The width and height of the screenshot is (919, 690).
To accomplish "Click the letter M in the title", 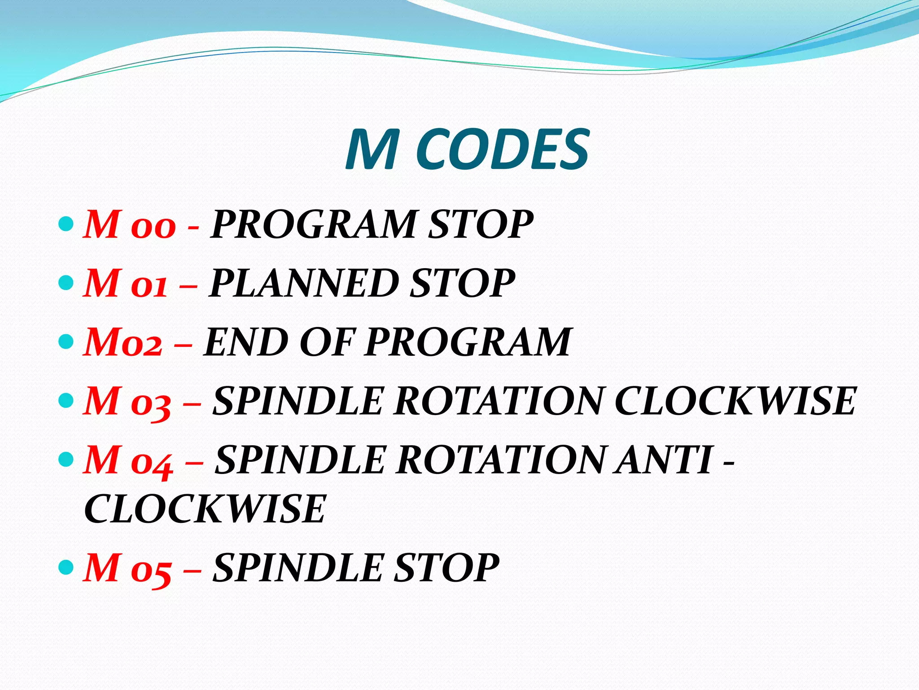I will tap(372, 150).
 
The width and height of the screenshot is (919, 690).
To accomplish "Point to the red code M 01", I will tap(126, 283).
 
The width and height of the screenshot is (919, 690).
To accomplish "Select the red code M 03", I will tap(127, 401).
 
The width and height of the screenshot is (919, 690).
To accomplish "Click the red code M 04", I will tap(128, 460).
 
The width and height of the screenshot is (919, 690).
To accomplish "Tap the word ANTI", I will tap(664, 460).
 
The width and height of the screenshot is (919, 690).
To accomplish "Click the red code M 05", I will tap(127, 568).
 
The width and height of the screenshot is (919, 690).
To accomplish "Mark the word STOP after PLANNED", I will tap(462, 283).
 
